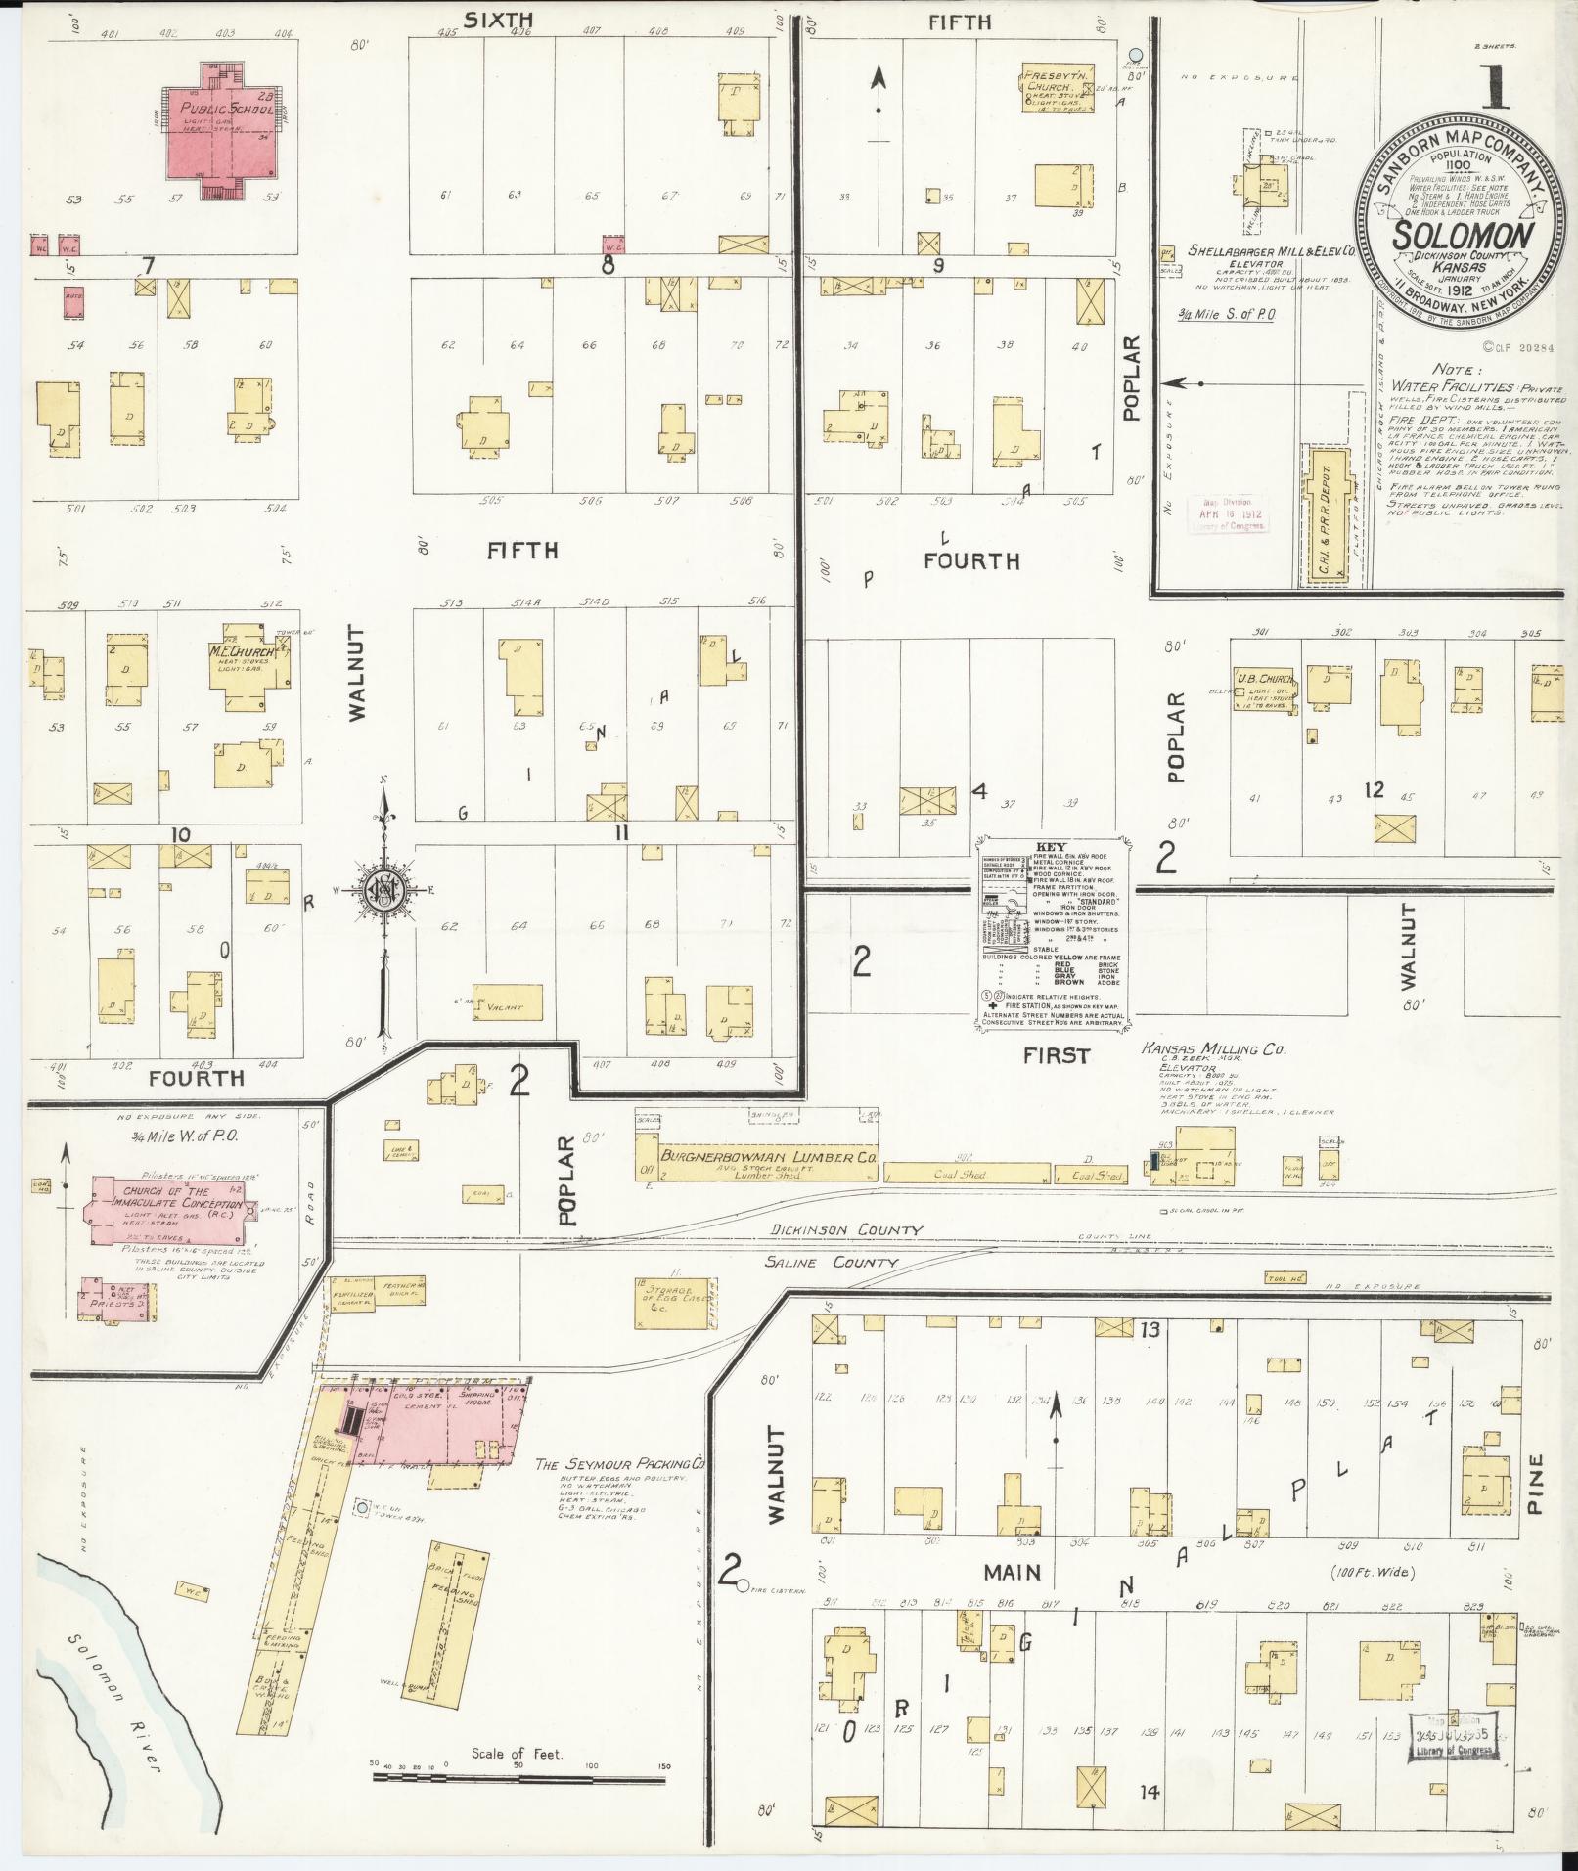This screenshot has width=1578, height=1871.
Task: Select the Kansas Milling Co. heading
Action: point(1212,1049)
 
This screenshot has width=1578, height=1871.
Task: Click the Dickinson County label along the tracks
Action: point(846,1230)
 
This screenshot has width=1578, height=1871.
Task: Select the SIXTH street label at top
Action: point(498,19)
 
